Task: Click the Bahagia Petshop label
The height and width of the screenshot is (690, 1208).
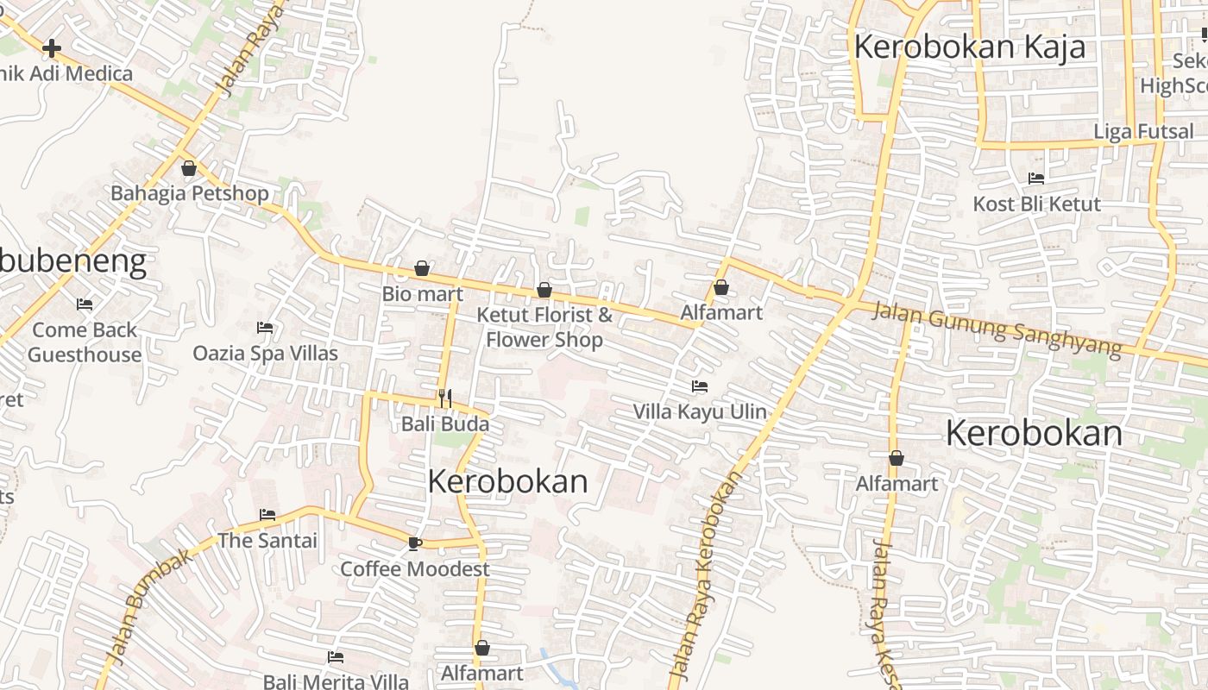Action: [x=190, y=192]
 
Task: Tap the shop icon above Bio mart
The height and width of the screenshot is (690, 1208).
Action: [x=422, y=268]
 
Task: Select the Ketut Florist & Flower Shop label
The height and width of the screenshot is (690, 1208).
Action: [x=544, y=327]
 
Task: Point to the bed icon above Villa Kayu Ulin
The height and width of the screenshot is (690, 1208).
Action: [x=700, y=386]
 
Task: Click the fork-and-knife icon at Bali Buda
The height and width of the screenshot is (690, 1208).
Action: [x=445, y=398]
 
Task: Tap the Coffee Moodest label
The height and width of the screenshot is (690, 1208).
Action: [x=414, y=569]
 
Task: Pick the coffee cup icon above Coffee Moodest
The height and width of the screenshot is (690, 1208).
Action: [x=414, y=543]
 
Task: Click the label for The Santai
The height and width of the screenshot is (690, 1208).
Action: [x=267, y=541]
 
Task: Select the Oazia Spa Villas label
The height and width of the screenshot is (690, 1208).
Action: [x=265, y=353]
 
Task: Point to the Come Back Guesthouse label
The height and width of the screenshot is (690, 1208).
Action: [x=85, y=342]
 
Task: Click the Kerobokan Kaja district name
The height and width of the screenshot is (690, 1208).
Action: [x=969, y=47]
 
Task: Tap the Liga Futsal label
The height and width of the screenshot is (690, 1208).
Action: [x=1143, y=132]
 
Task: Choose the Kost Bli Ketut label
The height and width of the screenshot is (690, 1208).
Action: [x=1036, y=204]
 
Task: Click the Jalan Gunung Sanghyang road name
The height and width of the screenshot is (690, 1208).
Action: [x=997, y=329]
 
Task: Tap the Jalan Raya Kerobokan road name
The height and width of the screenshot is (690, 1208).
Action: [x=705, y=578]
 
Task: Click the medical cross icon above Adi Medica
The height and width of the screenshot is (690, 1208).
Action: [x=52, y=48]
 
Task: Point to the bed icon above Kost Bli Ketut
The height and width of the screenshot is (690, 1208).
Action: [x=1036, y=179]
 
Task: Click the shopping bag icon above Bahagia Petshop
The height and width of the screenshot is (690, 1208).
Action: [x=189, y=168]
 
